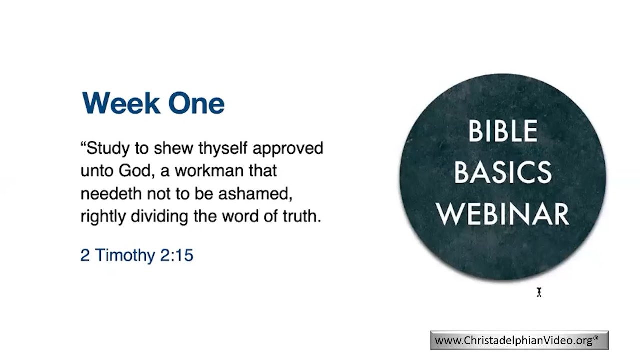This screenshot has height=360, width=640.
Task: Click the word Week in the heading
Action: pos(121,103)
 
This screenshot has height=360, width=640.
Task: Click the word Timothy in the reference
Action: pos(125,255)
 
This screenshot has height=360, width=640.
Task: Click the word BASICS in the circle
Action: pos(502,172)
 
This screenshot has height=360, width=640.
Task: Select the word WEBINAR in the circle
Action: pos(502,213)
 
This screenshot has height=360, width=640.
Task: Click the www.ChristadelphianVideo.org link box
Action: pos(519,340)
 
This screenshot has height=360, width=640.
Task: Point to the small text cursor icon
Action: pos(539,292)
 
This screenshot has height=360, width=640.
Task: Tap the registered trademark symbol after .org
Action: pos(596,338)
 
